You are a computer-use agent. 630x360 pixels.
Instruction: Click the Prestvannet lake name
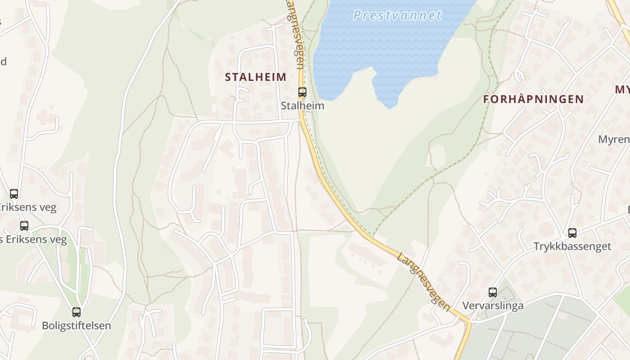point(397,15)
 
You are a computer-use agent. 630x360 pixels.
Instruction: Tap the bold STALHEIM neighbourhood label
point(256,77)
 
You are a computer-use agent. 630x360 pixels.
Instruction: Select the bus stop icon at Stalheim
point(302,92)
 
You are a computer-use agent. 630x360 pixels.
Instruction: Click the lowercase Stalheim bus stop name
point(302,106)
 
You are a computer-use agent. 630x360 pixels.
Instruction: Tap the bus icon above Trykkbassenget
point(572,233)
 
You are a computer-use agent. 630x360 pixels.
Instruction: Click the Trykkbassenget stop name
point(572,247)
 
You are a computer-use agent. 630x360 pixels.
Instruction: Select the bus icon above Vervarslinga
point(493,292)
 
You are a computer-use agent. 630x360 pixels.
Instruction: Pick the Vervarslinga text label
point(493,306)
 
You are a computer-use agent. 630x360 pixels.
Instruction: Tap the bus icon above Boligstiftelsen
point(76,312)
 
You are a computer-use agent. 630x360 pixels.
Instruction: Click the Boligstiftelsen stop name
point(76,325)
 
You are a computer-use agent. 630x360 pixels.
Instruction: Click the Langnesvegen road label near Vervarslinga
point(423,281)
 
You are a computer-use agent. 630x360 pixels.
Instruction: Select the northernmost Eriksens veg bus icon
point(14,194)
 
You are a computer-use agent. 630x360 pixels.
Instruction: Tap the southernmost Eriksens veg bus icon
point(24,226)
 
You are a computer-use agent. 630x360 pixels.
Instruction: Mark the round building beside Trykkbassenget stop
point(547,229)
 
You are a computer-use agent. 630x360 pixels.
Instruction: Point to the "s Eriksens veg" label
point(33,239)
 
